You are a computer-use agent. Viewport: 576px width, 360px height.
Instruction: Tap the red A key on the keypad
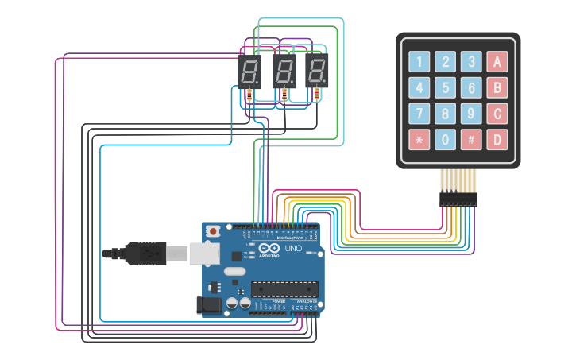(497, 61)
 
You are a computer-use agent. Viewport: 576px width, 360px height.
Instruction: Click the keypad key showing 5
(445, 87)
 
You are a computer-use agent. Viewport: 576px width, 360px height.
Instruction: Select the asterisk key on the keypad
(419, 140)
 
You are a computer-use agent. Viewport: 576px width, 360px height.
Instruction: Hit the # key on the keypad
(471, 140)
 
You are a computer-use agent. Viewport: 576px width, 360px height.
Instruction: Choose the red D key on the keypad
(497, 140)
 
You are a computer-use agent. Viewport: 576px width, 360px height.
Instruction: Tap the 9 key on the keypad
(471, 114)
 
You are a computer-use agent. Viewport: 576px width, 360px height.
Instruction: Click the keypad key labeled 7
(419, 114)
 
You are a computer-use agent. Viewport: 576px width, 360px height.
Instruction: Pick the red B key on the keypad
(497, 87)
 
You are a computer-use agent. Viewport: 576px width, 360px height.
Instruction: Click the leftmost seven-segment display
(249, 72)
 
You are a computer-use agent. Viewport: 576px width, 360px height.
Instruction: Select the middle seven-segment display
(284, 72)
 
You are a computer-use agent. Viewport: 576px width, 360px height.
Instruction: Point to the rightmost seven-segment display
(317, 72)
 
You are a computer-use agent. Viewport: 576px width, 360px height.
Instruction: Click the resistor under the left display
(249, 95)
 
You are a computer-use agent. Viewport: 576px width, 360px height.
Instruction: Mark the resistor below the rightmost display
(317, 95)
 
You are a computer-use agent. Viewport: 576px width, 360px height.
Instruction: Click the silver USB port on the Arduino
(204, 254)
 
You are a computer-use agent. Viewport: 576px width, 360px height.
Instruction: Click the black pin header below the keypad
(458, 199)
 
